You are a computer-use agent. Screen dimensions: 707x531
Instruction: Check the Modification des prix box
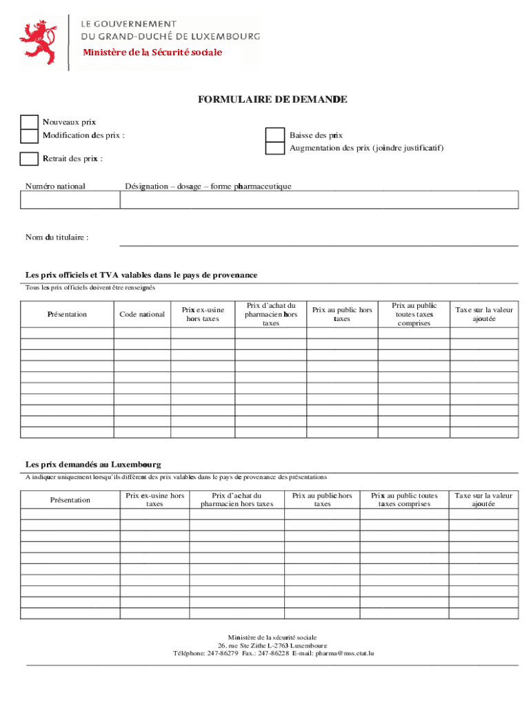click(29, 135)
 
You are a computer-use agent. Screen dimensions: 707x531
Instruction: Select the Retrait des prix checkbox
click(29, 159)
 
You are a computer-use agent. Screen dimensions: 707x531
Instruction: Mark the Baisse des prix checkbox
click(275, 135)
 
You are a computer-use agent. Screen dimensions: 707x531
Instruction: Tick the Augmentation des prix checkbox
click(275, 148)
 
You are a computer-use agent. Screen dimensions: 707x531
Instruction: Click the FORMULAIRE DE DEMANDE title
click(272, 100)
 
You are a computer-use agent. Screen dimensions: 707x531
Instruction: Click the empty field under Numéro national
click(70, 200)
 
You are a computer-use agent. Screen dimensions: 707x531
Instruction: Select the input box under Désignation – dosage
click(319, 200)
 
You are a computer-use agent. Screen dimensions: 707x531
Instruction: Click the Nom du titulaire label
click(57, 238)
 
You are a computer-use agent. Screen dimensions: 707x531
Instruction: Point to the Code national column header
click(142, 314)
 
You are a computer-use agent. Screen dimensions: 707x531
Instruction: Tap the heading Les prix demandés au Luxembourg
click(93, 465)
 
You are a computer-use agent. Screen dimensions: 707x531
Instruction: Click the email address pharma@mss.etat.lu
click(345, 652)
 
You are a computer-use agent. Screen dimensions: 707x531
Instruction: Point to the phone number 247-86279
click(223, 652)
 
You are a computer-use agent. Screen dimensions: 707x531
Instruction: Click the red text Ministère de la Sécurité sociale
click(152, 52)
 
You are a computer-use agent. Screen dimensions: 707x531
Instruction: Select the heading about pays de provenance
click(141, 275)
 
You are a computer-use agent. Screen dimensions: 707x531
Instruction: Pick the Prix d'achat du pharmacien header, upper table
click(271, 314)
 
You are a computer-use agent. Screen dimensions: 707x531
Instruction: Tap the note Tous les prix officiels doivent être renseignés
click(90, 287)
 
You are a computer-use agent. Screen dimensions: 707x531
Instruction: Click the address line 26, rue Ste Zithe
click(272, 645)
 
